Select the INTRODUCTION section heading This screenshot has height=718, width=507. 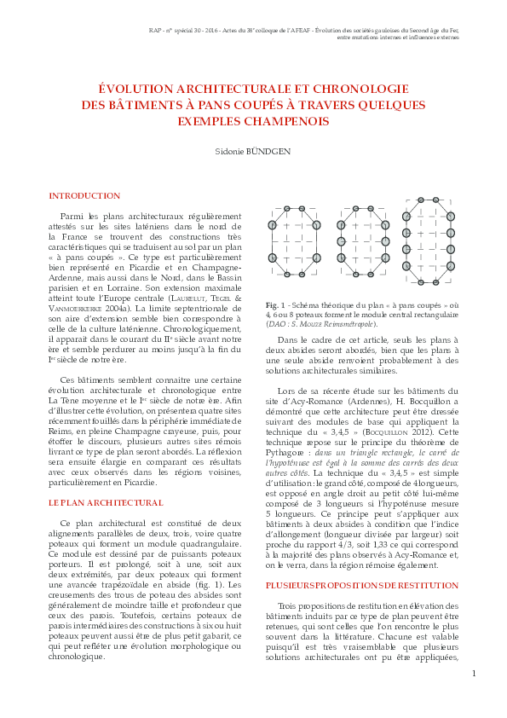click(x=84, y=195)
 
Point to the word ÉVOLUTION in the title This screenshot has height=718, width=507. click(x=141, y=88)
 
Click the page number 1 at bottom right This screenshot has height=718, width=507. click(x=474, y=674)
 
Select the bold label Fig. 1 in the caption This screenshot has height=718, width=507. click(x=274, y=305)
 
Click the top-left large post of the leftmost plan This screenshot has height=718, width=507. click(x=273, y=225)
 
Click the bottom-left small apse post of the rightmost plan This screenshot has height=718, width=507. click(x=420, y=282)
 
